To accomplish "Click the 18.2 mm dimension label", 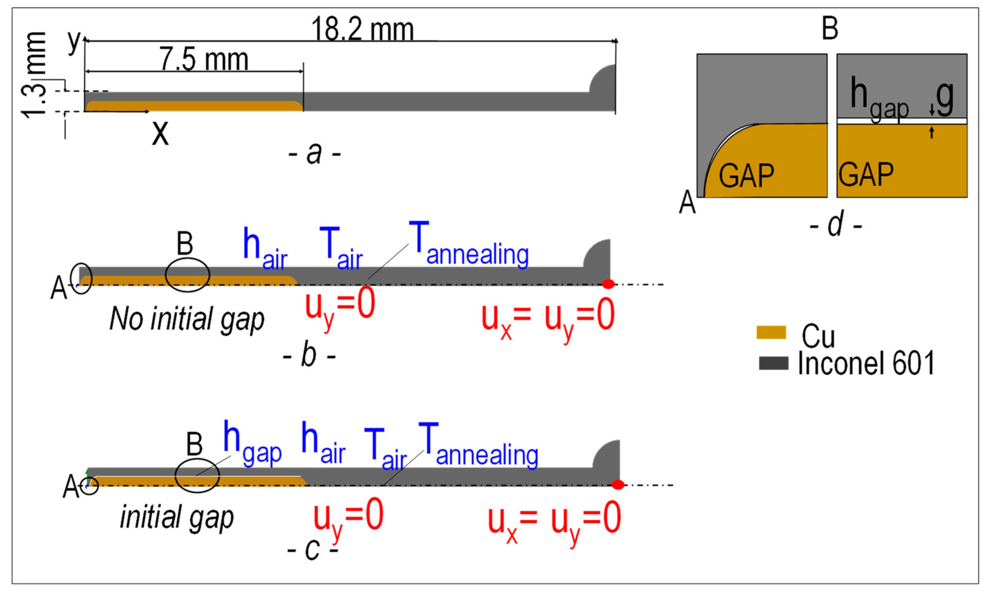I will coord(362,29).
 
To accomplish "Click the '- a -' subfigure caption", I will coord(315,153).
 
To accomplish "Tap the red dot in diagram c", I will coord(618,485).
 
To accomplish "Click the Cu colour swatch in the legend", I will coord(771,333).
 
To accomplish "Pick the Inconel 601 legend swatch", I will coord(773,363).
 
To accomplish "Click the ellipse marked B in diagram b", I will coord(187,275).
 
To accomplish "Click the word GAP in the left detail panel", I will coord(746,175).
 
